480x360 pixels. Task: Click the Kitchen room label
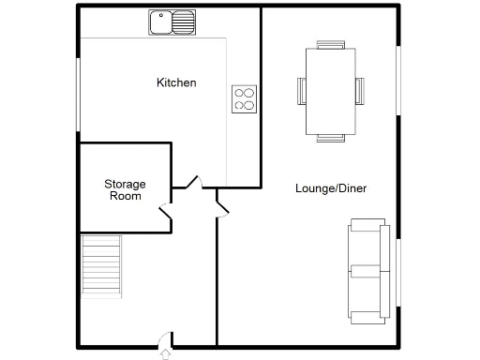click(x=176, y=83)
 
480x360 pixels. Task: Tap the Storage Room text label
click(x=125, y=189)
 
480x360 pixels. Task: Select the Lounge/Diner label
click(x=330, y=188)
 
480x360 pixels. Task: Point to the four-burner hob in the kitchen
click(x=245, y=98)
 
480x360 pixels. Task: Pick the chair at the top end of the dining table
click(x=330, y=44)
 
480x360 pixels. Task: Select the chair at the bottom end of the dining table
click(x=330, y=137)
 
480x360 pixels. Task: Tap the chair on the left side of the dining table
click(x=302, y=90)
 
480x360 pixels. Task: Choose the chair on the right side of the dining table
click(x=359, y=90)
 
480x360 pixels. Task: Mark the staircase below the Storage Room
click(x=102, y=265)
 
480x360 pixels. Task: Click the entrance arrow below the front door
click(x=167, y=353)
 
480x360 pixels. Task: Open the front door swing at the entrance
click(x=165, y=337)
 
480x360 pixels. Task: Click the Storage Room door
click(x=166, y=215)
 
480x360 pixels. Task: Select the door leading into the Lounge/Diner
click(x=221, y=203)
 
